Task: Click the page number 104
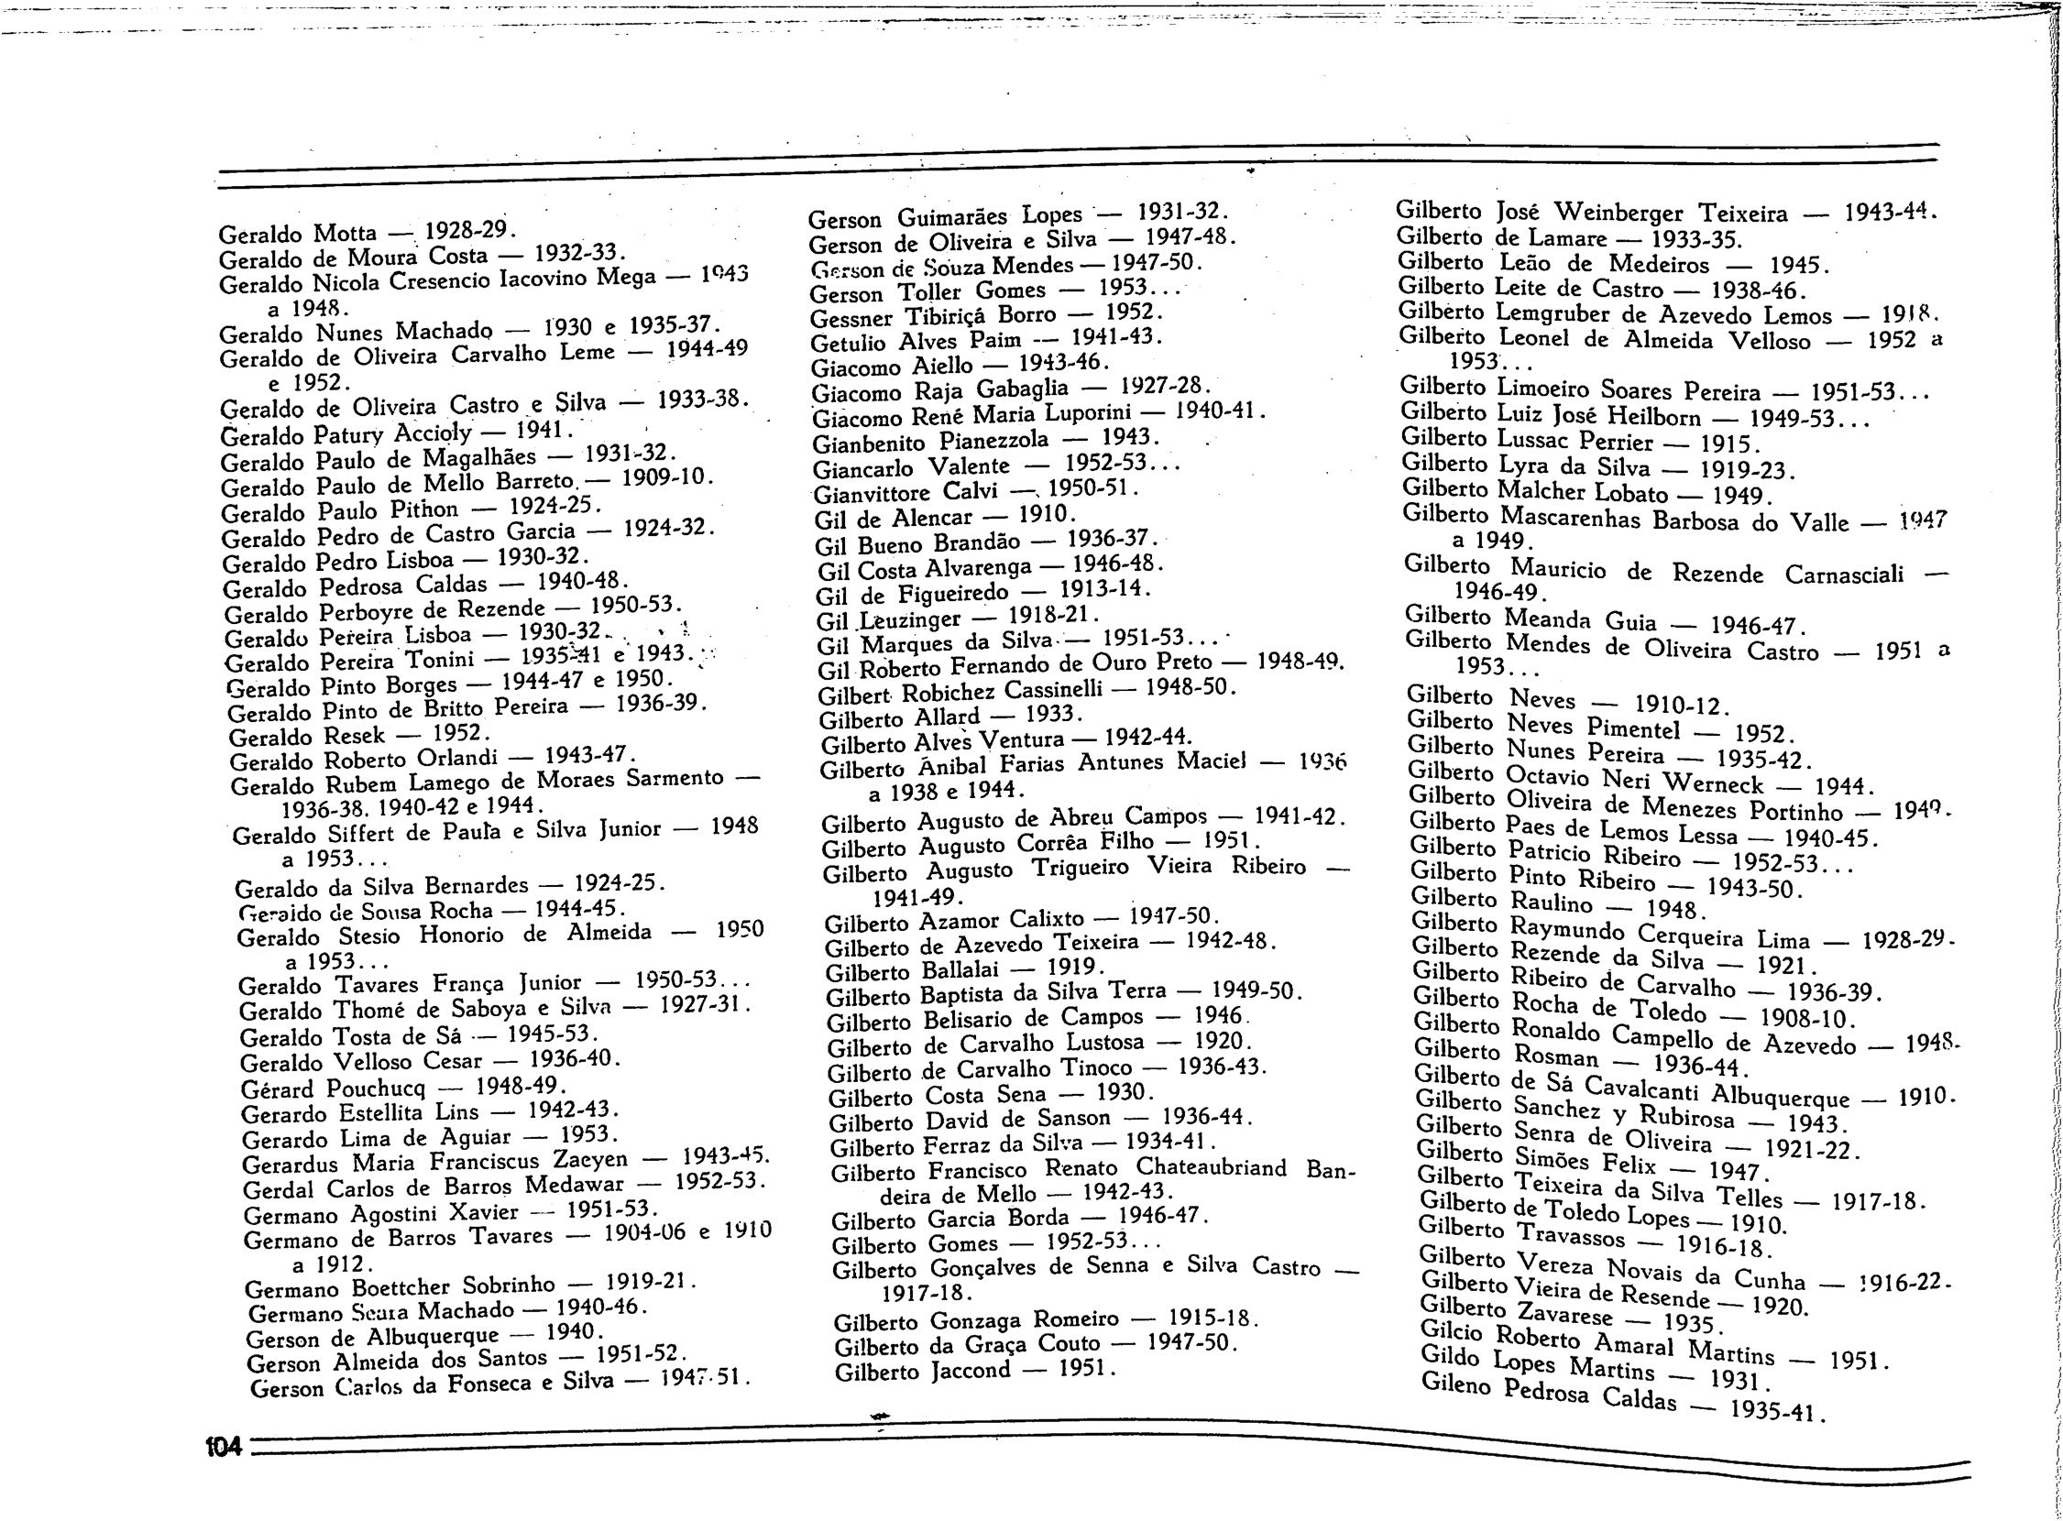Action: point(223,1447)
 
